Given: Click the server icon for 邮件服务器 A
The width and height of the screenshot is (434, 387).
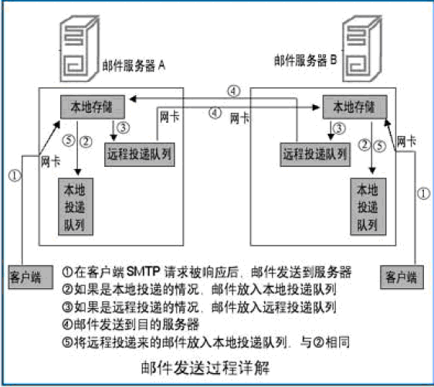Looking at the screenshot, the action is (80, 49).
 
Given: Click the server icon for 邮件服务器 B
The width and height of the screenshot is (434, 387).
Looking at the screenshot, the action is (362, 49).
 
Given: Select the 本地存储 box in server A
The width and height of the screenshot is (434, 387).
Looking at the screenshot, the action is (93, 107).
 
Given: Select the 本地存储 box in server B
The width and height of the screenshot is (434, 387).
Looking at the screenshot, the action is (354, 107).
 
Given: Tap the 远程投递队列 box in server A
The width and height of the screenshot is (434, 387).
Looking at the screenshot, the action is (140, 154).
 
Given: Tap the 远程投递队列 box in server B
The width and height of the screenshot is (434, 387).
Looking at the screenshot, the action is (315, 154).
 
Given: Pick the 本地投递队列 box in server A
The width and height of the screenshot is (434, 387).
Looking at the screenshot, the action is (76, 207).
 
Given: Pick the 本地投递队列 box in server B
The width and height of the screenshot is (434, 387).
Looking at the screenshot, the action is (368, 207).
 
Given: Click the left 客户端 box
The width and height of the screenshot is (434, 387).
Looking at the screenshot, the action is (30, 277).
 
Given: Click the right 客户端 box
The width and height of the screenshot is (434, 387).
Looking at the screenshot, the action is (402, 277).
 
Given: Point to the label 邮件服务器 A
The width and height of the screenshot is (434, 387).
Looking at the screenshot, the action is (134, 66).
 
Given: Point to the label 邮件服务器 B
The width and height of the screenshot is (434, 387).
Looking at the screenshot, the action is (306, 60).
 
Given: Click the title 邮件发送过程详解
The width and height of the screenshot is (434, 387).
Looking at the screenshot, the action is (205, 368).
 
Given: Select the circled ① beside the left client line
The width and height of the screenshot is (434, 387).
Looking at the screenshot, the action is (15, 175).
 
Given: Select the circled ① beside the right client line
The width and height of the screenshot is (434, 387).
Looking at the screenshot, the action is (423, 193).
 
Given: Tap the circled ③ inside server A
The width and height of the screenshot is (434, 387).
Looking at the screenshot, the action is (123, 127).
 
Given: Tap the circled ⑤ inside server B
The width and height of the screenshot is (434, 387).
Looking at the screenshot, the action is (380, 146).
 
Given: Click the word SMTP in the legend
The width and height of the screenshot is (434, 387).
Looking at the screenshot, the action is (144, 272).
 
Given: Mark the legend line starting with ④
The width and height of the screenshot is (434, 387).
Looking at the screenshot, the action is (131, 324).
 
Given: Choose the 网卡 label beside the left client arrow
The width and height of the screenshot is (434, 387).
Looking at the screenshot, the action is (51, 161).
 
